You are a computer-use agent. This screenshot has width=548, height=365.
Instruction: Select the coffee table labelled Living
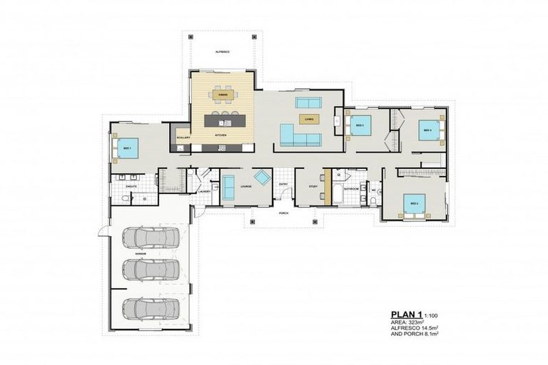(308, 119)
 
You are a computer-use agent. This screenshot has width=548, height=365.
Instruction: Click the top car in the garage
(151, 236)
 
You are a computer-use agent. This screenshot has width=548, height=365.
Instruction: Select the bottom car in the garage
(151, 309)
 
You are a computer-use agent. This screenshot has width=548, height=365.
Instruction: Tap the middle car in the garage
(151, 269)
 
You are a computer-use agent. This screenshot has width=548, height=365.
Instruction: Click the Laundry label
(204, 191)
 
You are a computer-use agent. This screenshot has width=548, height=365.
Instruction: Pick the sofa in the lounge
(228, 187)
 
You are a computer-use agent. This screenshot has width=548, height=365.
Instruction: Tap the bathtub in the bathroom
(337, 195)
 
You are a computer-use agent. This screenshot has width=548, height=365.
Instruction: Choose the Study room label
(313, 186)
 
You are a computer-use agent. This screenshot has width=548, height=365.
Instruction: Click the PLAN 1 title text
(406, 314)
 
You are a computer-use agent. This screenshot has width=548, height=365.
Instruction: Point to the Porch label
(283, 213)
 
